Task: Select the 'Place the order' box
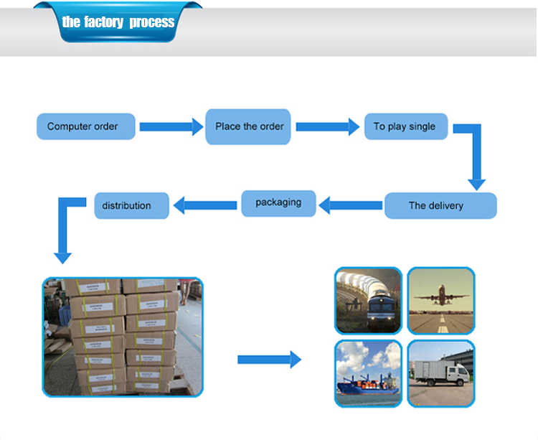point(249,126)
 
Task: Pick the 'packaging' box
point(278,202)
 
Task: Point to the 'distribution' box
point(132,205)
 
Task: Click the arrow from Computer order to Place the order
point(171,127)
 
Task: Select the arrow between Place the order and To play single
point(327,127)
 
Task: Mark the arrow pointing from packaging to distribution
point(206,205)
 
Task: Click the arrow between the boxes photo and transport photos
point(269,359)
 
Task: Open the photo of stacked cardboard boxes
point(123,337)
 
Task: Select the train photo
point(368,301)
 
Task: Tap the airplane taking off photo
point(440,301)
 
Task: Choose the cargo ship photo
point(368,373)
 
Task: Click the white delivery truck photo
point(440,373)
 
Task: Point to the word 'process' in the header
point(151,22)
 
